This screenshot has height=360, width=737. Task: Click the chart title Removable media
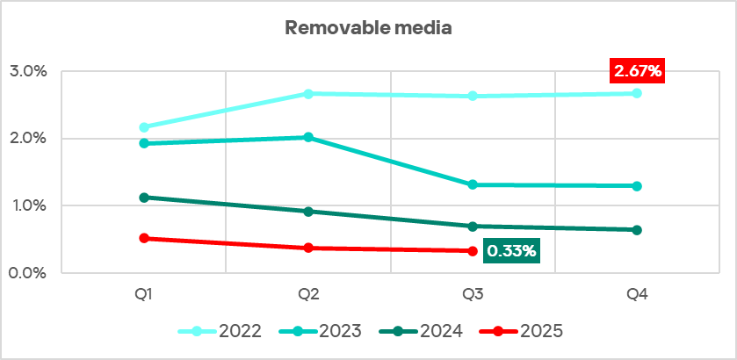(x=368, y=28)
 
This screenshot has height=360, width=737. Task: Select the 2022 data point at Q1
(x=144, y=127)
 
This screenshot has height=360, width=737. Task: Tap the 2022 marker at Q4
(x=637, y=93)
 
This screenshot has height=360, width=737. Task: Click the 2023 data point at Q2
(x=308, y=137)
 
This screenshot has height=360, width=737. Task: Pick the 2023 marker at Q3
(x=473, y=184)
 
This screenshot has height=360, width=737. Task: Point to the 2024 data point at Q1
(x=144, y=198)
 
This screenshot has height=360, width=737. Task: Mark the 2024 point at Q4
(x=637, y=230)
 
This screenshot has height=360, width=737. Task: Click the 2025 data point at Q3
(x=473, y=251)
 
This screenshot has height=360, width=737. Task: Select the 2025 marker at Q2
(x=308, y=248)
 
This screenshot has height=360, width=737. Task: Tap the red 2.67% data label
(x=637, y=71)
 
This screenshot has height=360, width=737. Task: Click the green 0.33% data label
(x=511, y=251)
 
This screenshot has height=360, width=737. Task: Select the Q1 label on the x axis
(x=144, y=295)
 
